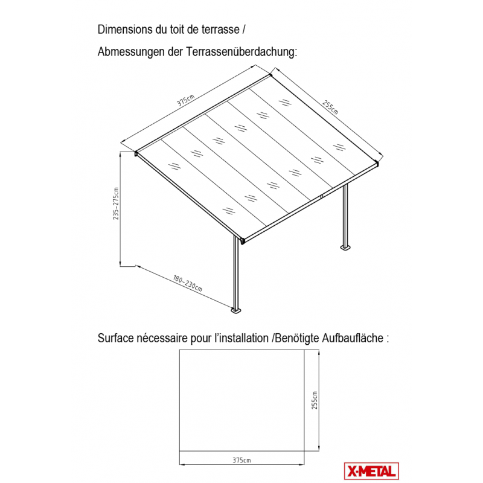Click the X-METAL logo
tap(371, 471)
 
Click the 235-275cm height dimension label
tap(115, 203)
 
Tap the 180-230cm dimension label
tap(187, 283)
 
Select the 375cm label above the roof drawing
tap(185, 100)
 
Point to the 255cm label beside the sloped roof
tap(330, 107)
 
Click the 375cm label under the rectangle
tap(241, 460)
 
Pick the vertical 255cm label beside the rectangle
tap(314, 400)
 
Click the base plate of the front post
tap(236, 310)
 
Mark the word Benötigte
tap(297, 338)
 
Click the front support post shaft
tap(236, 272)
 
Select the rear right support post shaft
tap(345, 215)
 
